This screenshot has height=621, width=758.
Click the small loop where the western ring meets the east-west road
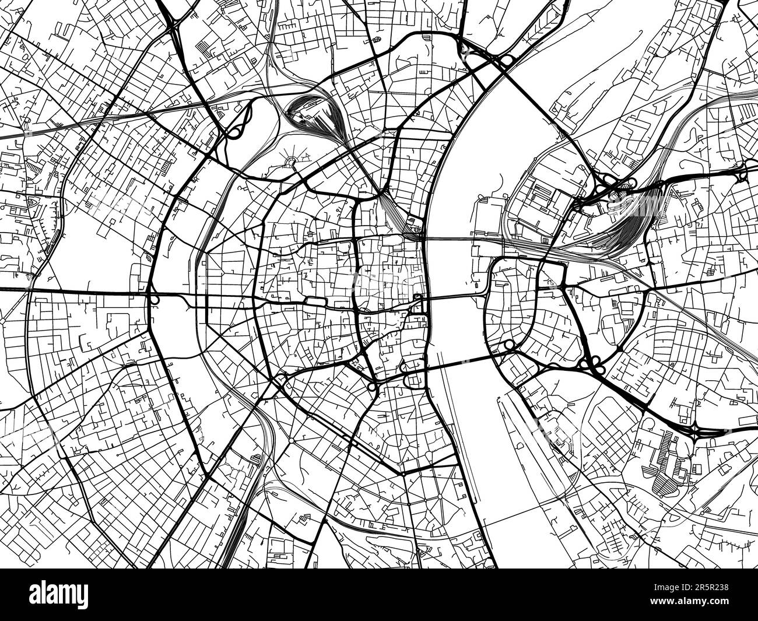(155, 300)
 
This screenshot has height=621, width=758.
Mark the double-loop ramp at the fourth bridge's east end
(510, 346)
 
